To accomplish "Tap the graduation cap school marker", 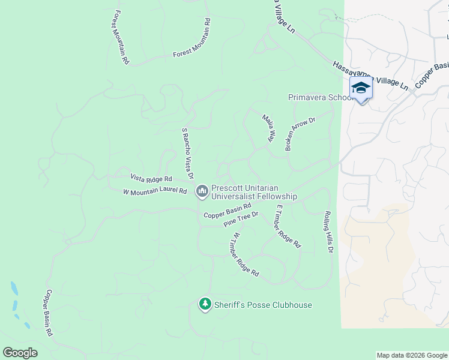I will (360, 88).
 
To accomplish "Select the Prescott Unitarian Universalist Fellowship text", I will (254, 192).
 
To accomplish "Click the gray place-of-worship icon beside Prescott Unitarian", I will (202, 191).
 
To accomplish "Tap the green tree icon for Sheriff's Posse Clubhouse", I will (205, 305).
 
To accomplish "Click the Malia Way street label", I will (268, 128).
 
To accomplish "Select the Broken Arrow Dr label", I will (300, 133).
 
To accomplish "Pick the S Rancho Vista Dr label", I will (187, 153).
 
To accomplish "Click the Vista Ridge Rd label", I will (151, 178).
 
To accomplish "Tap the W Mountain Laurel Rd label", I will (155, 192).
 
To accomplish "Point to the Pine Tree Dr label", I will (241, 219).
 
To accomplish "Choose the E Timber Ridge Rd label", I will (288, 226).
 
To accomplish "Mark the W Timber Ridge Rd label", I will (245, 254).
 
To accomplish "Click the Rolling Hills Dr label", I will (328, 232).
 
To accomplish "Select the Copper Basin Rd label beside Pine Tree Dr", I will (227, 212).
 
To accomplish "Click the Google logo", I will (20, 353).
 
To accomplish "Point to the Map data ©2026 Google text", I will (411, 355).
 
